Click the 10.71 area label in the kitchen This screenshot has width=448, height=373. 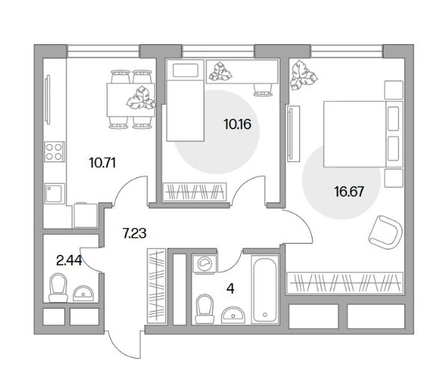tap(102, 163)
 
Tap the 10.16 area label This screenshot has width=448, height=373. tap(237, 124)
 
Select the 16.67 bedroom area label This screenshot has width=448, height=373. tap(349, 191)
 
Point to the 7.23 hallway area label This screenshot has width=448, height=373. tap(135, 233)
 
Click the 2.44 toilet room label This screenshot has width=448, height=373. tap(69, 260)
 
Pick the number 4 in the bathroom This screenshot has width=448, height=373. tap(230, 289)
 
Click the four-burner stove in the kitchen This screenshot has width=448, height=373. tap(55, 152)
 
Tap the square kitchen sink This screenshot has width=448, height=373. tap(55, 194)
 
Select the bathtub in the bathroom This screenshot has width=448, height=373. tap(265, 289)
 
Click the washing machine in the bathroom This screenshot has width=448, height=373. tap(205, 264)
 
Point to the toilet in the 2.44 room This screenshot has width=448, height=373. tap(58, 288)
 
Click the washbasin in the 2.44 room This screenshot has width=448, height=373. tap(83, 294)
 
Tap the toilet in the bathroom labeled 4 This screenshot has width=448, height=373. tap(205, 309)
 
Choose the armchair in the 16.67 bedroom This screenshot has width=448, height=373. tap(386, 232)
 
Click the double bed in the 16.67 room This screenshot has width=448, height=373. tap(363, 134)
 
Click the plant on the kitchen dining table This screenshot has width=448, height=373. tap(141, 98)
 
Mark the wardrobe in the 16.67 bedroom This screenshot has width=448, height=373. tap(345, 283)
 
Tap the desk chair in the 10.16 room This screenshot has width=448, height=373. tap(263, 90)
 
